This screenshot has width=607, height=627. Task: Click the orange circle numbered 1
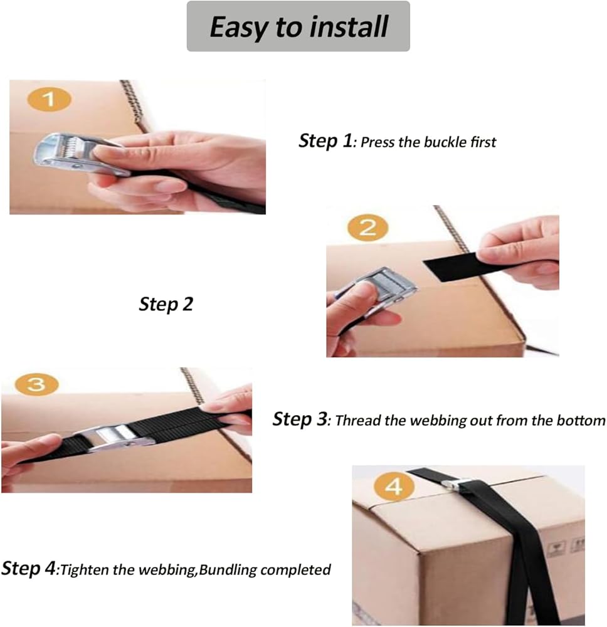coord(49,99)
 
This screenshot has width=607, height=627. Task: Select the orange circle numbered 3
coord(36,384)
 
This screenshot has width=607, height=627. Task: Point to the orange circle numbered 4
coord(394,487)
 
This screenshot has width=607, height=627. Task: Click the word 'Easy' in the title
coord(238,28)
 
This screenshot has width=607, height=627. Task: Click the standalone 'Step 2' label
coord(166,304)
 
